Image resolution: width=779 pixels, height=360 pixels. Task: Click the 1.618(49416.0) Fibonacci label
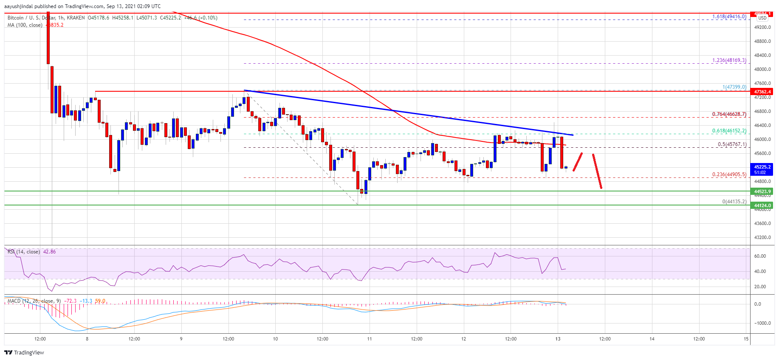coord(729,17)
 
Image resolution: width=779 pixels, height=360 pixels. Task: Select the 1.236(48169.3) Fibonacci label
coord(729,60)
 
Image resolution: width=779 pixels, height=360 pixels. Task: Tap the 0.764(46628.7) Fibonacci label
coord(729,114)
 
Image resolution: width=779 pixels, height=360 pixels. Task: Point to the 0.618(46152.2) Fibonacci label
coord(729,131)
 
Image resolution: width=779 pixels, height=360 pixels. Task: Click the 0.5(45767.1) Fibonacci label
coord(732,144)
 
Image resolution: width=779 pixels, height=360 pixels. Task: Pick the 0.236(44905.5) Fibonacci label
coord(729,174)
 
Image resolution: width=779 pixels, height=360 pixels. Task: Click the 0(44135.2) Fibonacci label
coord(734,202)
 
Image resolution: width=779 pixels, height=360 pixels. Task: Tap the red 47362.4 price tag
coord(762,92)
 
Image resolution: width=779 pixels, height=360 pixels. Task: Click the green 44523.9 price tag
coord(762,191)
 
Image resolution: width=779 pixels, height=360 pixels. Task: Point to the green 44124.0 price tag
coord(762,205)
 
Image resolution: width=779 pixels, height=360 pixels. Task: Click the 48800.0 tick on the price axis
coord(762,42)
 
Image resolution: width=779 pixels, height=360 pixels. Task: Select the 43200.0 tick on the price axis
coord(762,238)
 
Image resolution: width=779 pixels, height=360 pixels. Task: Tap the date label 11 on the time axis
coord(370,339)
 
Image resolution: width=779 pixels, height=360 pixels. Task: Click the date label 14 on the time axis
coord(652,339)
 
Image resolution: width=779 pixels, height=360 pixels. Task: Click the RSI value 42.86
coord(49,252)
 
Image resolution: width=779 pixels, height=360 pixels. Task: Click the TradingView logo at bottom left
coord(24,352)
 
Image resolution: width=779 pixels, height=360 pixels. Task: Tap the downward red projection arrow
coord(597,171)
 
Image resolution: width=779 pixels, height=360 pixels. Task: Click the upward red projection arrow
coord(578,162)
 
